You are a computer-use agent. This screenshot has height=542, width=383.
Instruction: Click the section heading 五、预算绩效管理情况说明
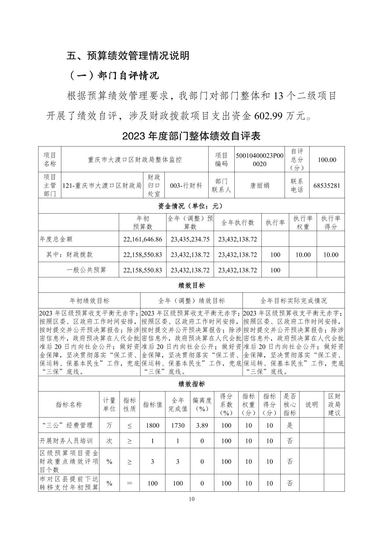pos(128,56)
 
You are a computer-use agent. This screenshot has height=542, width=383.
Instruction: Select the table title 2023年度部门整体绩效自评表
pos(191,136)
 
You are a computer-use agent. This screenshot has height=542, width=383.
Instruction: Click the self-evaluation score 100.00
pos(327,160)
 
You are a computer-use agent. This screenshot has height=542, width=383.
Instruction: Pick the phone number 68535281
pos(327,185)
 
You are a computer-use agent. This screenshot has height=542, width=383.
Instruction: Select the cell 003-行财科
pos(186,185)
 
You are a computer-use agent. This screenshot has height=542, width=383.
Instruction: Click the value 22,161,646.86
pos(143,239)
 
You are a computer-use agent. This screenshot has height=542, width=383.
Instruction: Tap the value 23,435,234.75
pos(190,239)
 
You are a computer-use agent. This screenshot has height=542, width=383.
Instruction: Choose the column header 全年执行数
pos(238,223)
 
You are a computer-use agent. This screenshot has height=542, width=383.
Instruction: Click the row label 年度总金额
pos(56,239)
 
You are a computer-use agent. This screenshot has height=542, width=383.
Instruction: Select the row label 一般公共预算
pos(86,270)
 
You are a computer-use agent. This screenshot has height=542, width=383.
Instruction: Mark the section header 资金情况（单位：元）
pos(191,206)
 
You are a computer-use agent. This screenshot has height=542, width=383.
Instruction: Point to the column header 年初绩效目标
pos(89,301)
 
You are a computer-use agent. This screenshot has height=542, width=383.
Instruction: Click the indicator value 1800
pos(153,425)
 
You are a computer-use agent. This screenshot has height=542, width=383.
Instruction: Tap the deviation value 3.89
pos(202,425)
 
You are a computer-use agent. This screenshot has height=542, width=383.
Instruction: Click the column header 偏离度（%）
pos(202,405)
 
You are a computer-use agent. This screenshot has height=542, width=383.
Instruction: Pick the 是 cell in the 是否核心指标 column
pos(290,425)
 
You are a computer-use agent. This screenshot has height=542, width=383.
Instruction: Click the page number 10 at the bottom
pos(192,499)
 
